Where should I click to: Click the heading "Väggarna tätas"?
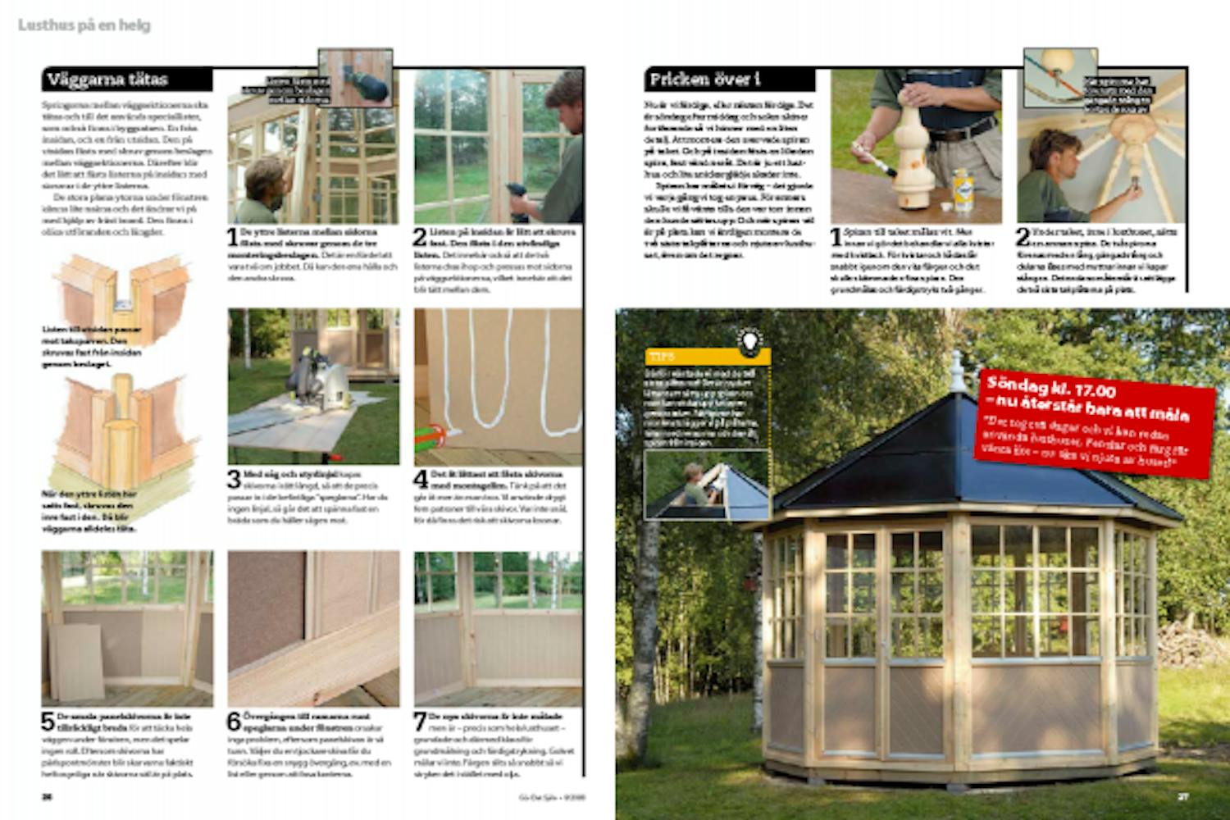click(x=107, y=80)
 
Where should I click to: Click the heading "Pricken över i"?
click(x=705, y=80)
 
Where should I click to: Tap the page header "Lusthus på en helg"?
click(x=84, y=25)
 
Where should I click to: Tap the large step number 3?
click(x=235, y=479)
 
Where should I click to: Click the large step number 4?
click(x=421, y=479)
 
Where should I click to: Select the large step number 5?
click(x=48, y=721)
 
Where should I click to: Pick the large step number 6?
click(x=235, y=721)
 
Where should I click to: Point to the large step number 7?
click(x=421, y=721)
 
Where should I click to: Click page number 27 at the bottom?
click(x=1182, y=796)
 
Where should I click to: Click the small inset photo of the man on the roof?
click(x=707, y=485)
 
